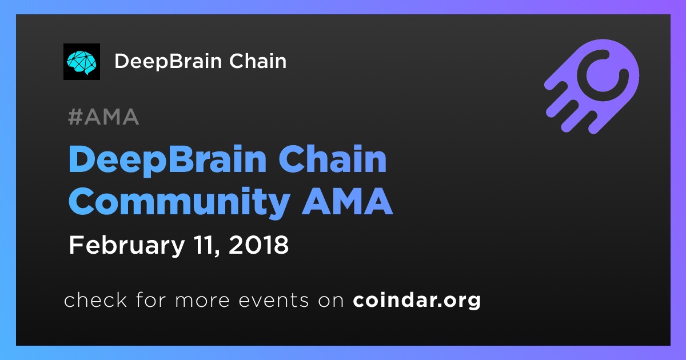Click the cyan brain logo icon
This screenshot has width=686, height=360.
click(x=81, y=62)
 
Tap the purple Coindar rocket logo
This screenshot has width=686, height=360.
click(x=592, y=87)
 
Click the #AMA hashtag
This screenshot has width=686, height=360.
click(x=103, y=117)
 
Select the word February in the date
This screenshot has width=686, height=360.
click(x=127, y=246)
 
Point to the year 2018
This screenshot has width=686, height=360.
click(x=258, y=245)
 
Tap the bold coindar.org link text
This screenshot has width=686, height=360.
click(x=417, y=301)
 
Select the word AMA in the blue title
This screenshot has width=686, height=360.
click(x=347, y=201)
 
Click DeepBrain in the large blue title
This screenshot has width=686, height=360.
click(x=167, y=160)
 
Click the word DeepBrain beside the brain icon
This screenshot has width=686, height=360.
click(x=168, y=62)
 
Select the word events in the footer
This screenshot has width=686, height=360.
click(x=274, y=300)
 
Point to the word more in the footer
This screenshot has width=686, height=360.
click(x=202, y=301)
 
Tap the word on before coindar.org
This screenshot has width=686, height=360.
click(x=331, y=301)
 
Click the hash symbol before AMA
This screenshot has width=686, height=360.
click(x=75, y=117)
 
